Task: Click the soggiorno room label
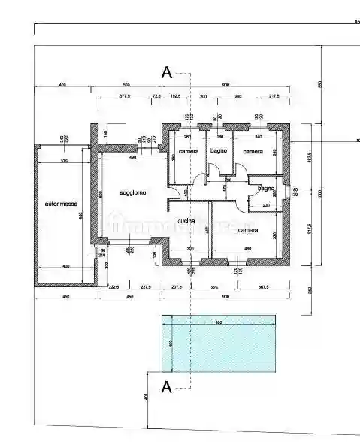(133, 193)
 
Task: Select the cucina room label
(187, 221)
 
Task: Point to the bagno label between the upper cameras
(219, 152)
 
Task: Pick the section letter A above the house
(167, 73)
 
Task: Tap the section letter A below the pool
(167, 387)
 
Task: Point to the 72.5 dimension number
(157, 97)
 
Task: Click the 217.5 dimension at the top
(274, 97)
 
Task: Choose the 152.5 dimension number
(176, 97)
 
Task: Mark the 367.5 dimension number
(263, 286)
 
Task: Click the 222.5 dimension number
(113, 286)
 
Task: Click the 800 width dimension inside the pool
(219, 323)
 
